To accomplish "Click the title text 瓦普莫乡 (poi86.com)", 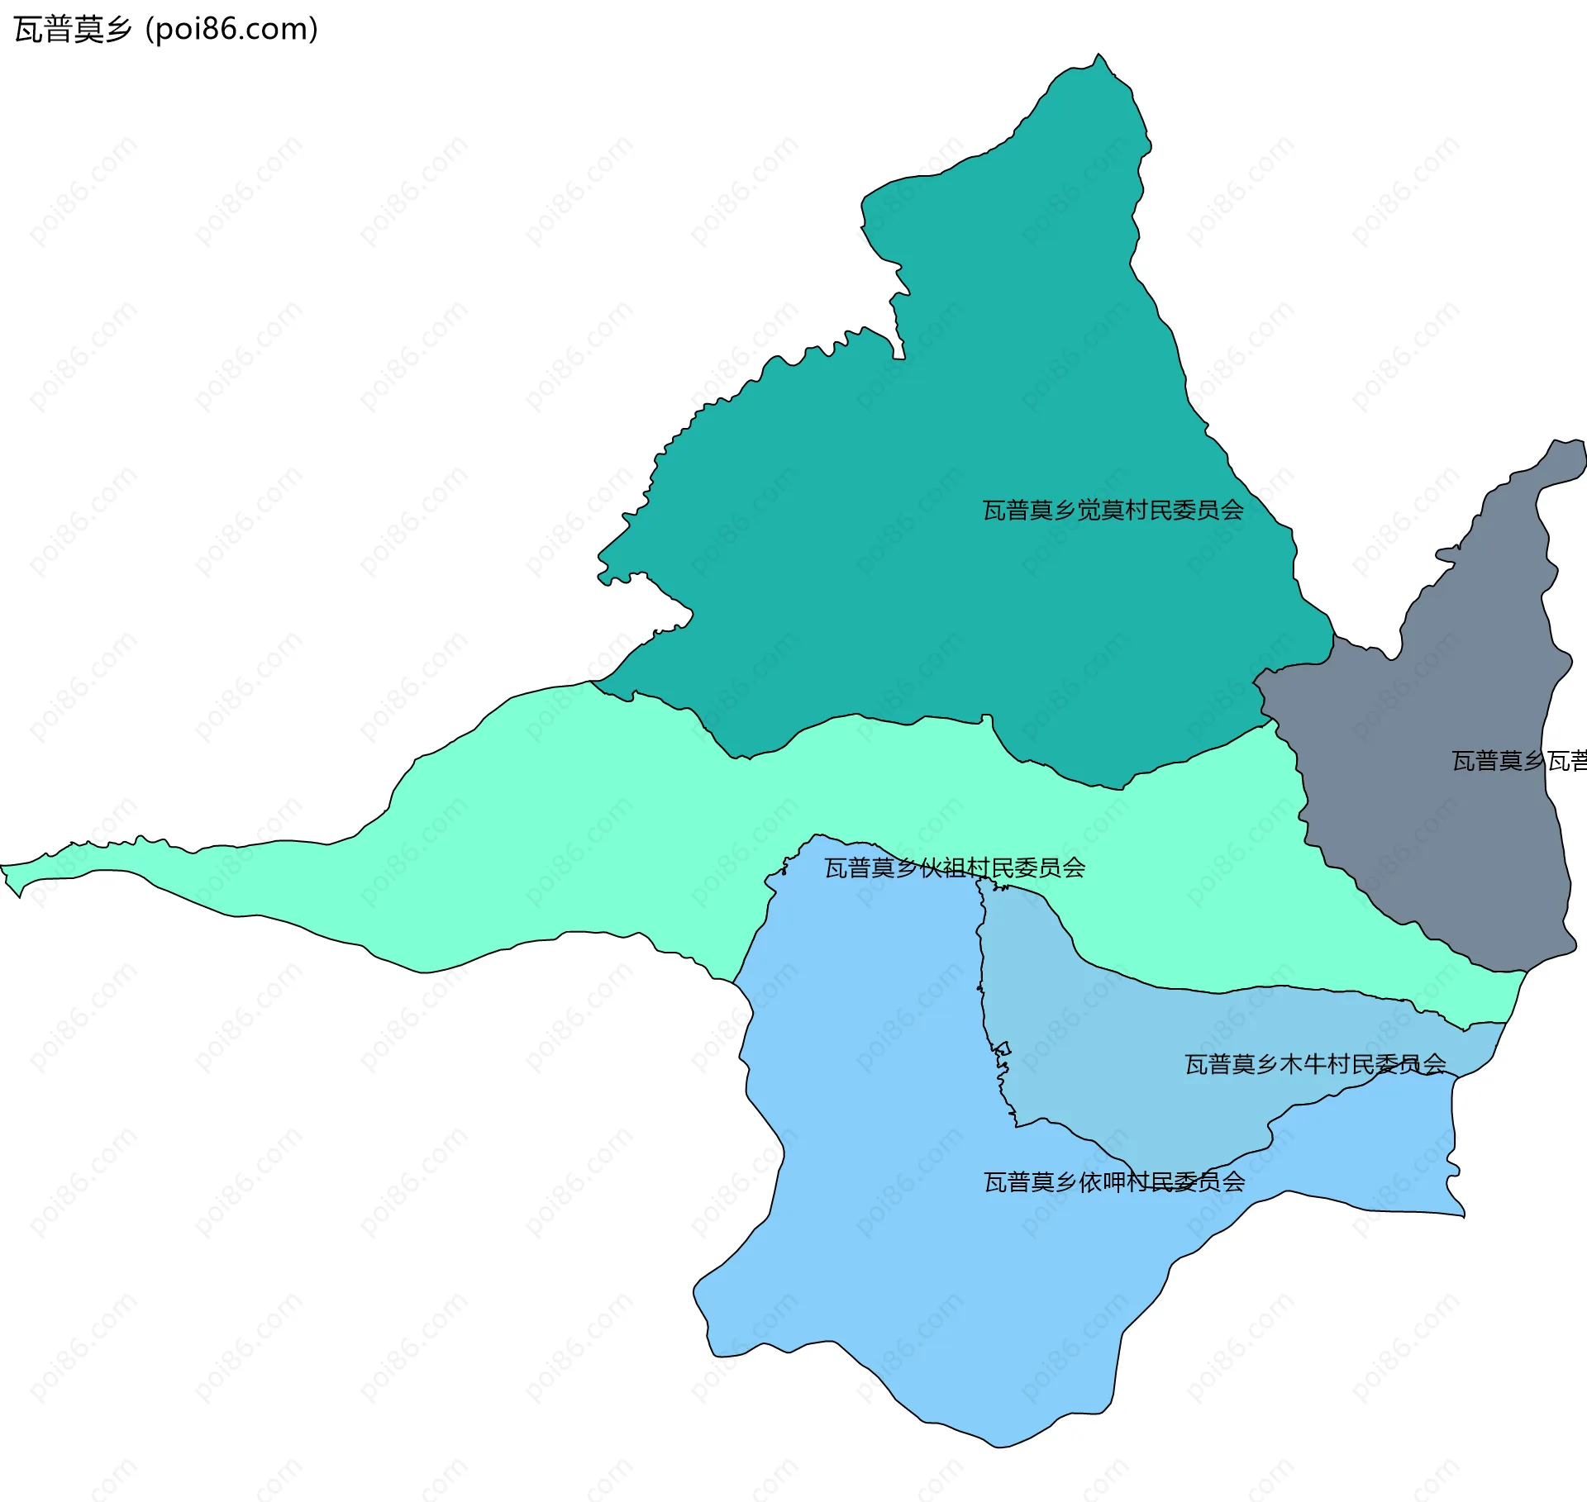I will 165,30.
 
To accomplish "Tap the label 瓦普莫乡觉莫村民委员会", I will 1113,511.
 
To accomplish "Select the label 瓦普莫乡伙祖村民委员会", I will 955,867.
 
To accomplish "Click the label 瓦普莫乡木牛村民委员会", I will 1315,1064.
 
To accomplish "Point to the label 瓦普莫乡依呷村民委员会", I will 1113,1182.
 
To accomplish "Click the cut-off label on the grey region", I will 1519,761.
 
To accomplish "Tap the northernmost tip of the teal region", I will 1099,55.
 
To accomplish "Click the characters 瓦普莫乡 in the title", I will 73,30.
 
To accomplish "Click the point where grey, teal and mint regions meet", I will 1271,720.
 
